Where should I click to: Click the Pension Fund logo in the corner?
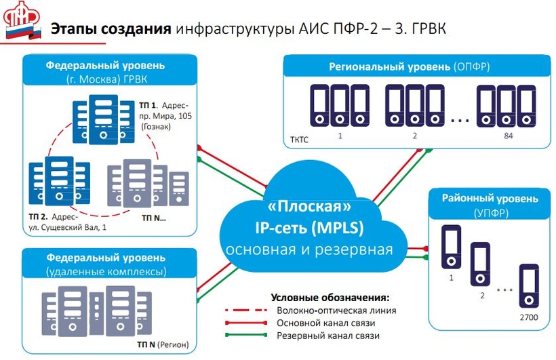(24, 22)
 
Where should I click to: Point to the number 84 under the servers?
(509, 136)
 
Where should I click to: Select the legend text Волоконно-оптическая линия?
(336, 311)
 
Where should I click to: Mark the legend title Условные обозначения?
(330, 298)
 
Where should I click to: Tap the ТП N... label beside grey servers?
(155, 218)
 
